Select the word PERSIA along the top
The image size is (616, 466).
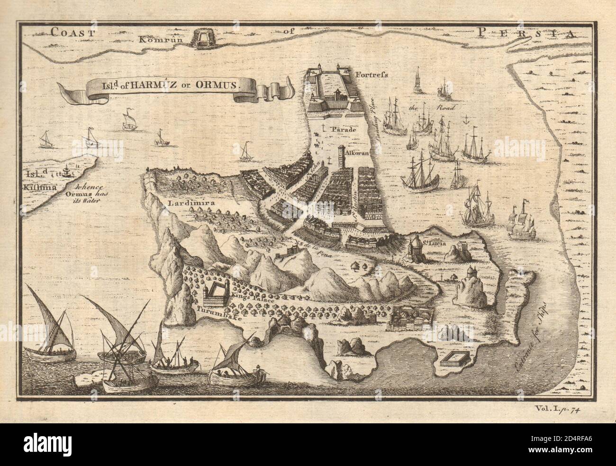tap(524, 33)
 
